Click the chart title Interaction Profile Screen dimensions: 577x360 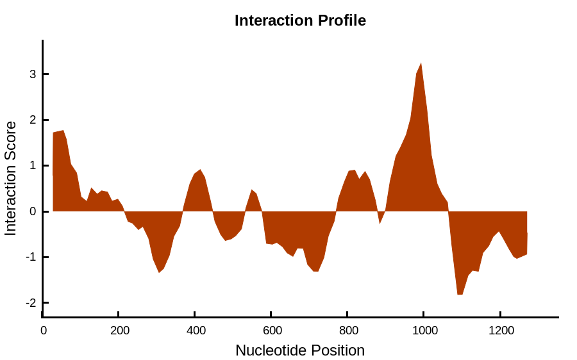click(300, 20)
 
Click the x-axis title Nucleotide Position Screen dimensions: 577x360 click(300, 350)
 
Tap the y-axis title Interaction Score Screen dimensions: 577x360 click(11, 178)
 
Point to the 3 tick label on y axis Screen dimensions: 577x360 click(33, 74)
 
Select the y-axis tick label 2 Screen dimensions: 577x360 click(33, 120)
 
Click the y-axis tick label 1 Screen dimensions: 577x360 click(33, 165)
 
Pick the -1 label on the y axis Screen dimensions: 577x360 click(31, 257)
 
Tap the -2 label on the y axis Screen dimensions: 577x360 click(31, 302)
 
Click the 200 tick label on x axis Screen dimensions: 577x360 click(120, 331)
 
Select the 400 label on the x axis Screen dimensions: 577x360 click(196, 331)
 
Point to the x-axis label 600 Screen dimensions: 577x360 click(272, 331)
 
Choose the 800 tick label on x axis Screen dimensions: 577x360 click(349, 331)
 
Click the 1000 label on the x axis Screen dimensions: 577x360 click(425, 331)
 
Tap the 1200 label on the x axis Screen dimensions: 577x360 click(501, 331)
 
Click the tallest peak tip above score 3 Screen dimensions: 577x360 click(421, 63)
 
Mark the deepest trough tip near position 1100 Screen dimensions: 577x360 click(460, 295)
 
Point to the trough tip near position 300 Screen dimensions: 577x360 click(159, 272)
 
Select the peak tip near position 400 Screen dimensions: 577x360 click(200, 170)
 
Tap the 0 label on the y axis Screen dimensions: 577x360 click(33, 211)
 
